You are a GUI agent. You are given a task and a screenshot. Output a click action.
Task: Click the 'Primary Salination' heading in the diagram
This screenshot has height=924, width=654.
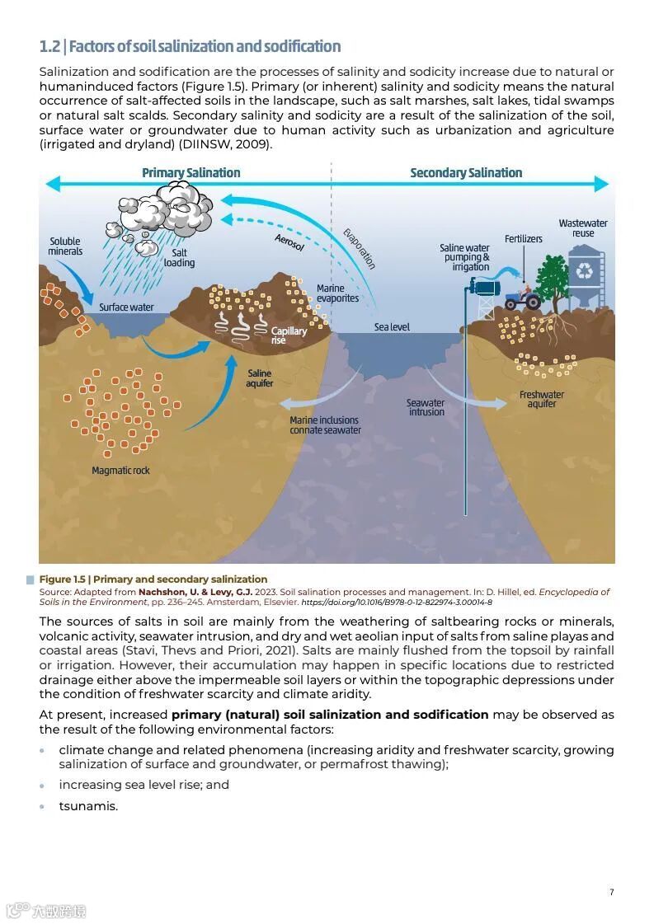[x=191, y=173]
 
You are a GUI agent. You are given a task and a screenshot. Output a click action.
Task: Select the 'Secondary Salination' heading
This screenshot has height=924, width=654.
[x=466, y=173]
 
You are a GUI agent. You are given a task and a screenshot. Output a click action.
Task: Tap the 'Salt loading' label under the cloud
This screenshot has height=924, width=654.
[x=179, y=258]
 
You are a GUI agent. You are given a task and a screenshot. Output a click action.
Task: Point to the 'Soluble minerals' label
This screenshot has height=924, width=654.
[x=65, y=246]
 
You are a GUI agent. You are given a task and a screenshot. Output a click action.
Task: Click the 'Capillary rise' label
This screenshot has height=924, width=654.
[x=289, y=335]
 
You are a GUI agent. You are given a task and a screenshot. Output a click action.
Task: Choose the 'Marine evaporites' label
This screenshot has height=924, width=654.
[x=337, y=293]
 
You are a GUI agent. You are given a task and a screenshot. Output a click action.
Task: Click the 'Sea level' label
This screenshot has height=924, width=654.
[x=392, y=327]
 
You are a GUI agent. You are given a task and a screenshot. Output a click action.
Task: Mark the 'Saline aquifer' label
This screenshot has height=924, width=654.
[x=260, y=378]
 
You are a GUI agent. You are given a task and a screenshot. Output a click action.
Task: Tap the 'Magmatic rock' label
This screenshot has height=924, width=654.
[x=121, y=471]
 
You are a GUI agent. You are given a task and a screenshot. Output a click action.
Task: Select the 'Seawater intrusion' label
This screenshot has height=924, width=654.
[x=426, y=407]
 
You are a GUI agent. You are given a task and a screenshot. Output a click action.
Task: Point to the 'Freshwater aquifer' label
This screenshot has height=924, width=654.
[x=542, y=399]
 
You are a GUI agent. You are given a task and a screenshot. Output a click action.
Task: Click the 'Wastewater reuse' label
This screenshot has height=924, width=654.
[x=583, y=228]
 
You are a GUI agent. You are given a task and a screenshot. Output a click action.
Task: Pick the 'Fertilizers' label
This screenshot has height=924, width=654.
[x=524, y=239]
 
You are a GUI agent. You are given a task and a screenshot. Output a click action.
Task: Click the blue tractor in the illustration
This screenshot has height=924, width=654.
[x=522, y=298]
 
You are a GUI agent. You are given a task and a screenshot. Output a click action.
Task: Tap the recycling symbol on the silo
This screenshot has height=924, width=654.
[x=586, y=270]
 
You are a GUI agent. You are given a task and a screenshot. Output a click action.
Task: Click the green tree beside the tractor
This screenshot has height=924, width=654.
[x=553, y=276]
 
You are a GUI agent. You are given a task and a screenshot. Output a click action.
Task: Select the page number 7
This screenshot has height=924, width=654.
[x=611, y=892]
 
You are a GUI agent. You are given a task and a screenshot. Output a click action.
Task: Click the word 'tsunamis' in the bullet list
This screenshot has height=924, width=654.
[x=88, y=806]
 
